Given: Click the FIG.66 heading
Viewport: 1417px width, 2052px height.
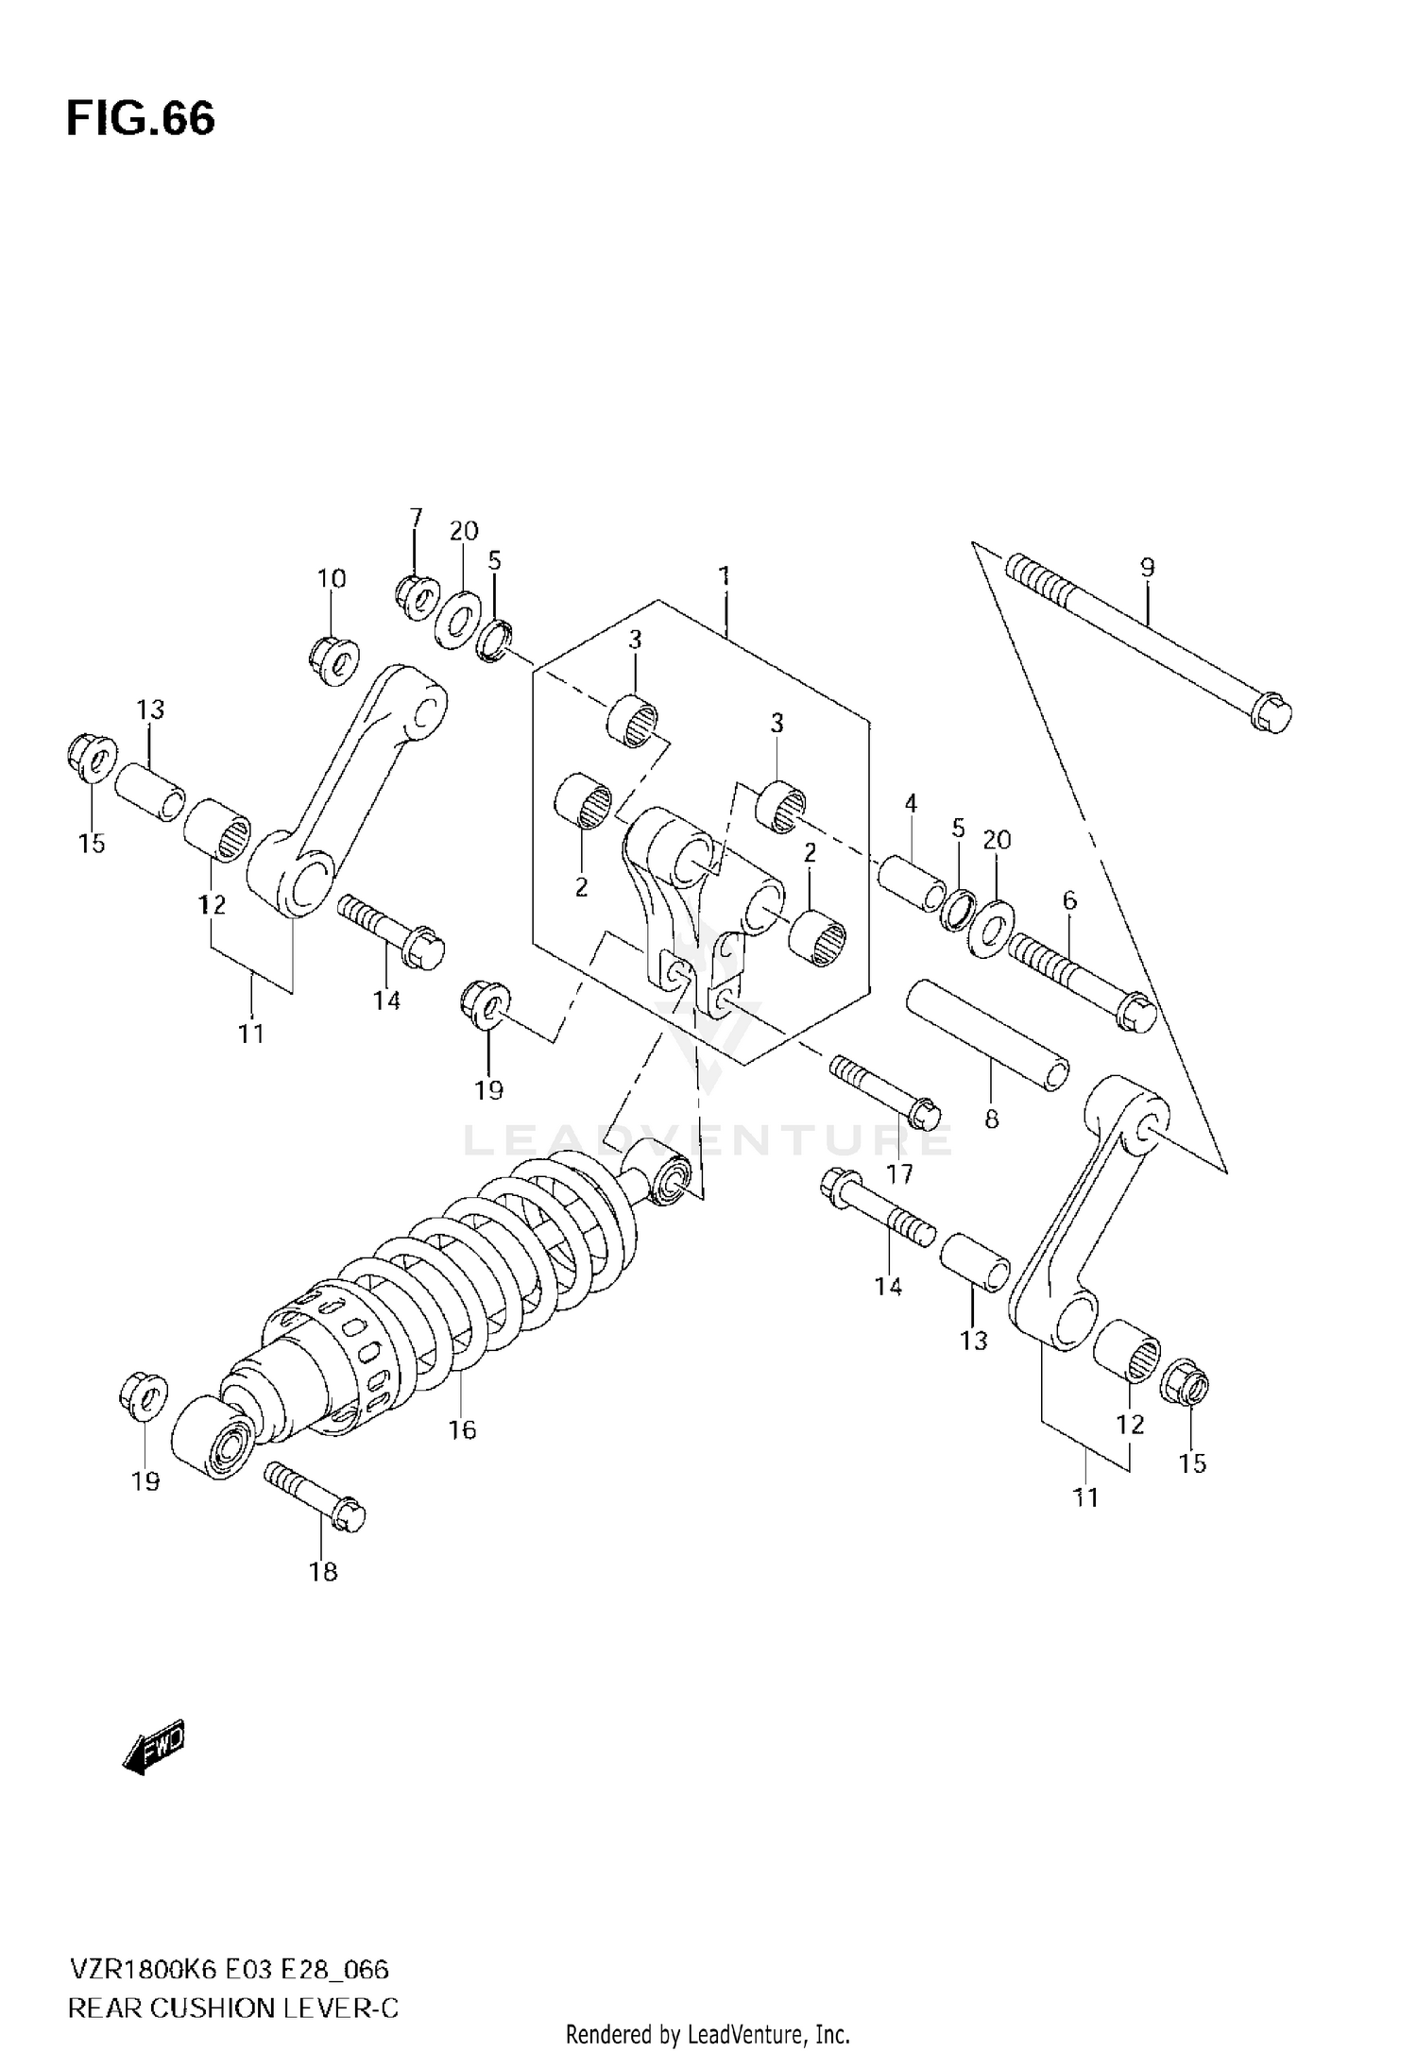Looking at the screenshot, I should pyautogui.click(x=141, y=120).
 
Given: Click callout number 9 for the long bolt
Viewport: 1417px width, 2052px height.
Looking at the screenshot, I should pyautogui.click(x=1147, y=568).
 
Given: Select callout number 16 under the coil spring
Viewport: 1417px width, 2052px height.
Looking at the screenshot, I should pyautogui.click(x=462, y=1430).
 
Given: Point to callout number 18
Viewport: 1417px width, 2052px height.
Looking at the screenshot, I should pyautogui.click(x=323, y=1572).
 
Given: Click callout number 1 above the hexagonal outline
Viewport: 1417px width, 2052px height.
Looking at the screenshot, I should pyautogui.click(x=725, y=575).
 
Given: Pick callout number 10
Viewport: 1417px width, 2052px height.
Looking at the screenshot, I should pyautogui.click(x=332, y=578).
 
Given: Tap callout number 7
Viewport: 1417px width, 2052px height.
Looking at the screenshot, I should pyautogui.click(x=416, y=518).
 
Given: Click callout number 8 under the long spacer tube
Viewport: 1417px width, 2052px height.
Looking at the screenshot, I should pyautogui.click(x=991, y=1120).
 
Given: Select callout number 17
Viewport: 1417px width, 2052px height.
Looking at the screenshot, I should pyautogui.click(x=899, y=1173).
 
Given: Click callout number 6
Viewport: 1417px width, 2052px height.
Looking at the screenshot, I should pyautogui.click(x=1069, y=900).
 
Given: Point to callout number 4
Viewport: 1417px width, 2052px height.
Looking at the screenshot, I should pyautogui.click(x=911, y=804).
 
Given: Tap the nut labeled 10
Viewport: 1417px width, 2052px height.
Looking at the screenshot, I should pyautogui.click(x=334, y=658).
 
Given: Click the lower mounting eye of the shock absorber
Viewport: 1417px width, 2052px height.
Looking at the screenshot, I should pyautogui.click(x=210, y=1436).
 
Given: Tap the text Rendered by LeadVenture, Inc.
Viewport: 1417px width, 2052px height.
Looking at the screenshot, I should pyautogui.click(x=708, y=2033).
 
